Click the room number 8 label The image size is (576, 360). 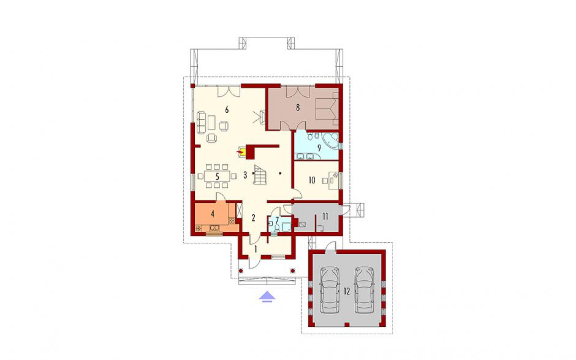point(298,108)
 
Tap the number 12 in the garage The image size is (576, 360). point(347,291)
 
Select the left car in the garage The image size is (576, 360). point(330,290)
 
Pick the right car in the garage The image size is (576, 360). point(365,290)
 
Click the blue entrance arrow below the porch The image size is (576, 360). point(267,296)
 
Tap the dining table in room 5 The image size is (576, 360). point(217,176)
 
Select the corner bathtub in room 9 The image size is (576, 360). point(330,140)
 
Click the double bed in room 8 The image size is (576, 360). point(326,108)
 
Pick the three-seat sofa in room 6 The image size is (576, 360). point(201,121)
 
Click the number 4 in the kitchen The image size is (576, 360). point(213,213)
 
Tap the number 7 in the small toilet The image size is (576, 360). point(278,220)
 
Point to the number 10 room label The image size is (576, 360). point(312,180)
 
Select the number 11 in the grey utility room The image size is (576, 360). point(325,216)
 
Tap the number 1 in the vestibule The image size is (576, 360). point(256,250)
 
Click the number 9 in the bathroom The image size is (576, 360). point(319,148)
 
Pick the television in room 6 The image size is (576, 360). point(262,117)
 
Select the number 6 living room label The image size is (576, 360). point(227,109)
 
